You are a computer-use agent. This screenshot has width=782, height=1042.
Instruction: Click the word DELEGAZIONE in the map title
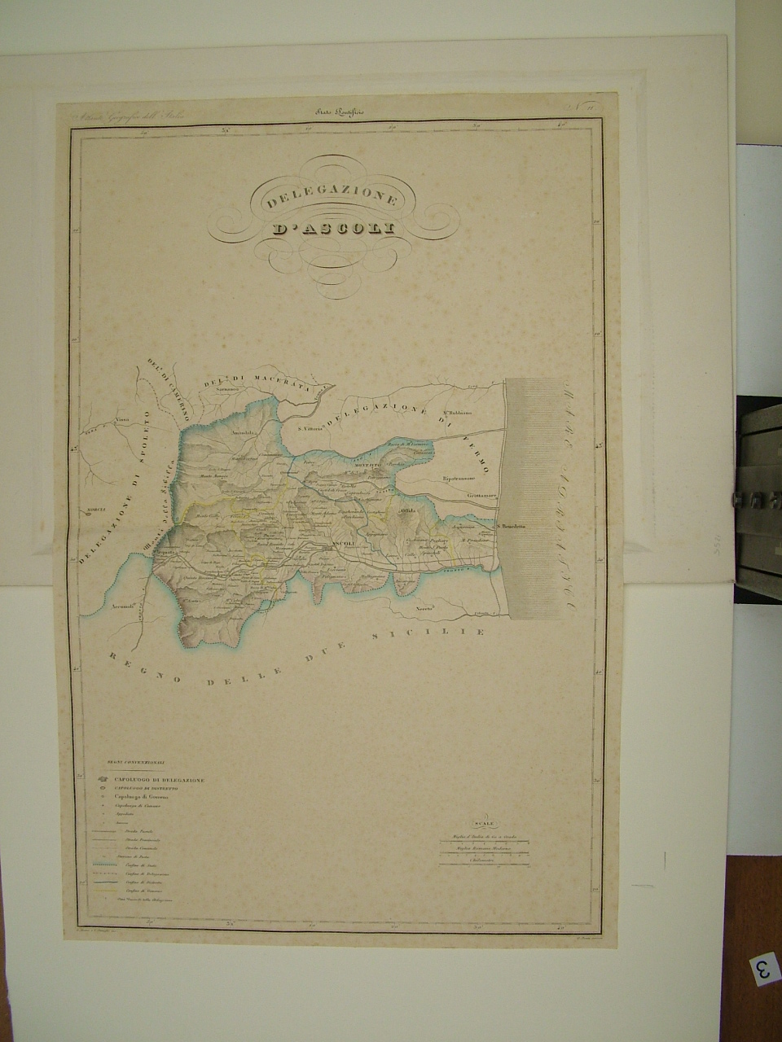point(330,199)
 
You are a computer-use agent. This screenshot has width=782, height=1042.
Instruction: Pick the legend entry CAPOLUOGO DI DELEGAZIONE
point(159,780)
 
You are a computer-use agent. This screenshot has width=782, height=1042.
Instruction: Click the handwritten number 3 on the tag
point(763,970)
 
